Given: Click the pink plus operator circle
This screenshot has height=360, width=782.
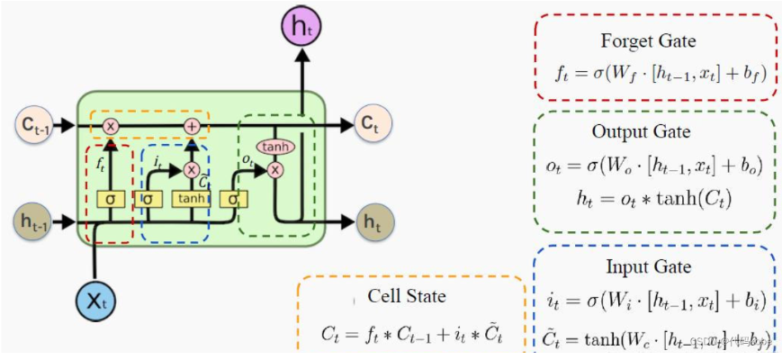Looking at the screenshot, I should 191,127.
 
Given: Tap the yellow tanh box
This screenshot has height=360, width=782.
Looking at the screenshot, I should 190,198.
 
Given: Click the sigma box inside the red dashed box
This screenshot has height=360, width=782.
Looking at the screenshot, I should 110,198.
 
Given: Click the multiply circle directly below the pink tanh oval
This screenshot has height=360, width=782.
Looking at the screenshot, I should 275,168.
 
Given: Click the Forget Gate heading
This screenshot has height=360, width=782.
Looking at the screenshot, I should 648,41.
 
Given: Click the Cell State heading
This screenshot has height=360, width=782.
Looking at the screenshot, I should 406,297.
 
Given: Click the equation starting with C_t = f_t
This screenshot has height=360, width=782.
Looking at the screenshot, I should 409,335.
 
